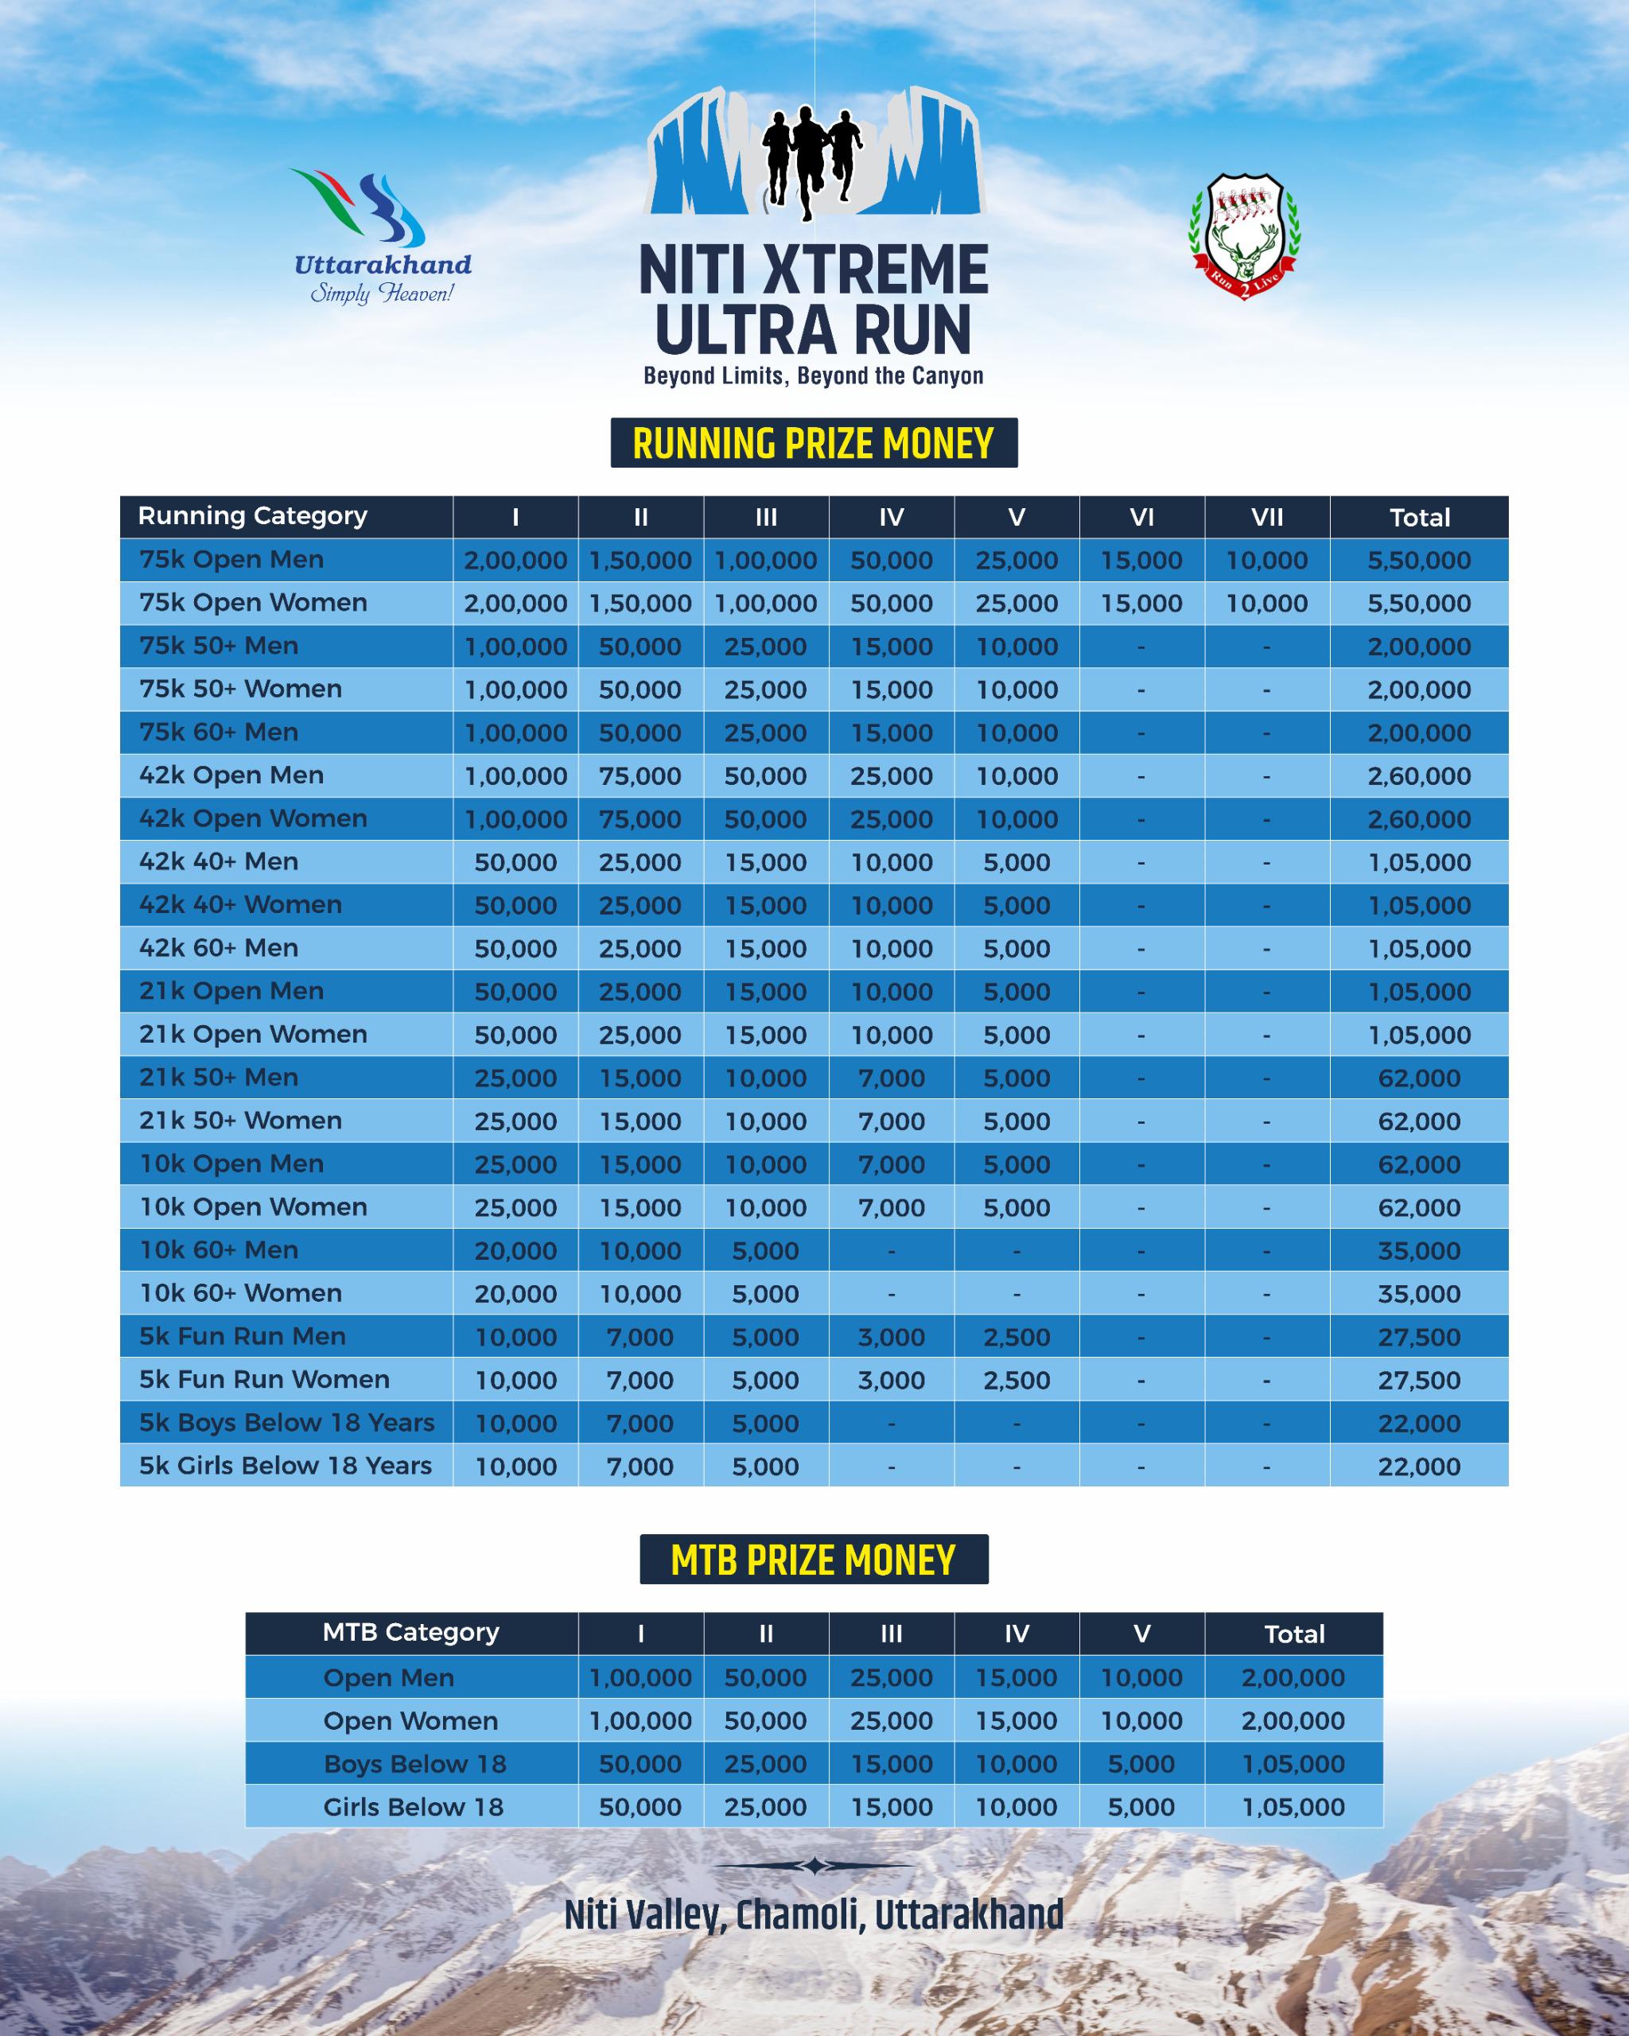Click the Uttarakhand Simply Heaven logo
click(x=382, y=237)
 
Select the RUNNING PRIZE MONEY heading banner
click(x=813, y=443)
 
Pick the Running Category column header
click(x=252, y=516)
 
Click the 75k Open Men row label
click(x=231, y=560)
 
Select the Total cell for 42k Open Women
click(x=1418, y=820)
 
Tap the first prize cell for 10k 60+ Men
click(x=515, y=1251)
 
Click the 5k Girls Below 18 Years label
click(x=286, y=1467)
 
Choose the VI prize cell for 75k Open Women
click(x=1141, y=604)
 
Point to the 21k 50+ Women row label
click(x=241, y=1121)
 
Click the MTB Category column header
click(x=410, y=1633)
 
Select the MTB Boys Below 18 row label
click(x=414, y=1764)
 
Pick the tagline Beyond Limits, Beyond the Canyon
click(x=813, y=376)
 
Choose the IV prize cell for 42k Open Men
click(x=891, y=776)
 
